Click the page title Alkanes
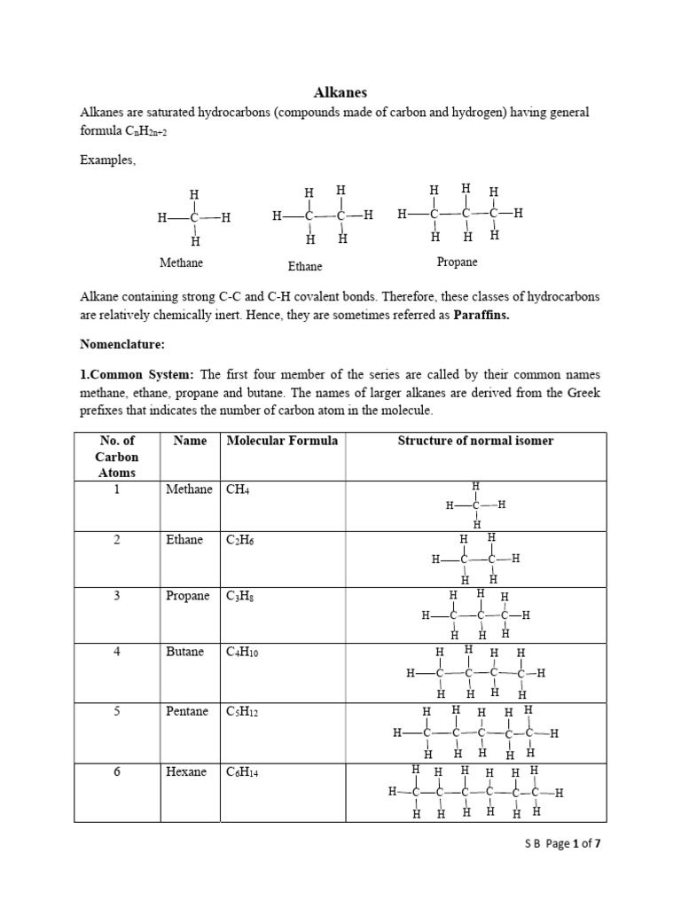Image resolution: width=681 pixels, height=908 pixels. point(340,92)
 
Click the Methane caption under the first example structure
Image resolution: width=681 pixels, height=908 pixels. point(181,263)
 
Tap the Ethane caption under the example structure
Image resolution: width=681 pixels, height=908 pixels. point(305,266)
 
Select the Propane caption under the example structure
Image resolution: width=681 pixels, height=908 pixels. point(457,262)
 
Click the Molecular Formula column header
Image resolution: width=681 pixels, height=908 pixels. point(282,441)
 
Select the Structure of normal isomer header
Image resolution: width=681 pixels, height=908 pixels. point(475,441)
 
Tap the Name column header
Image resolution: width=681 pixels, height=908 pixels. point(190,441)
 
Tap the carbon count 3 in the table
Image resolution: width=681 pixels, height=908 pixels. point(116,596)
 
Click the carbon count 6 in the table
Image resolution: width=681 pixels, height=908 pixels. point(116,772)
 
